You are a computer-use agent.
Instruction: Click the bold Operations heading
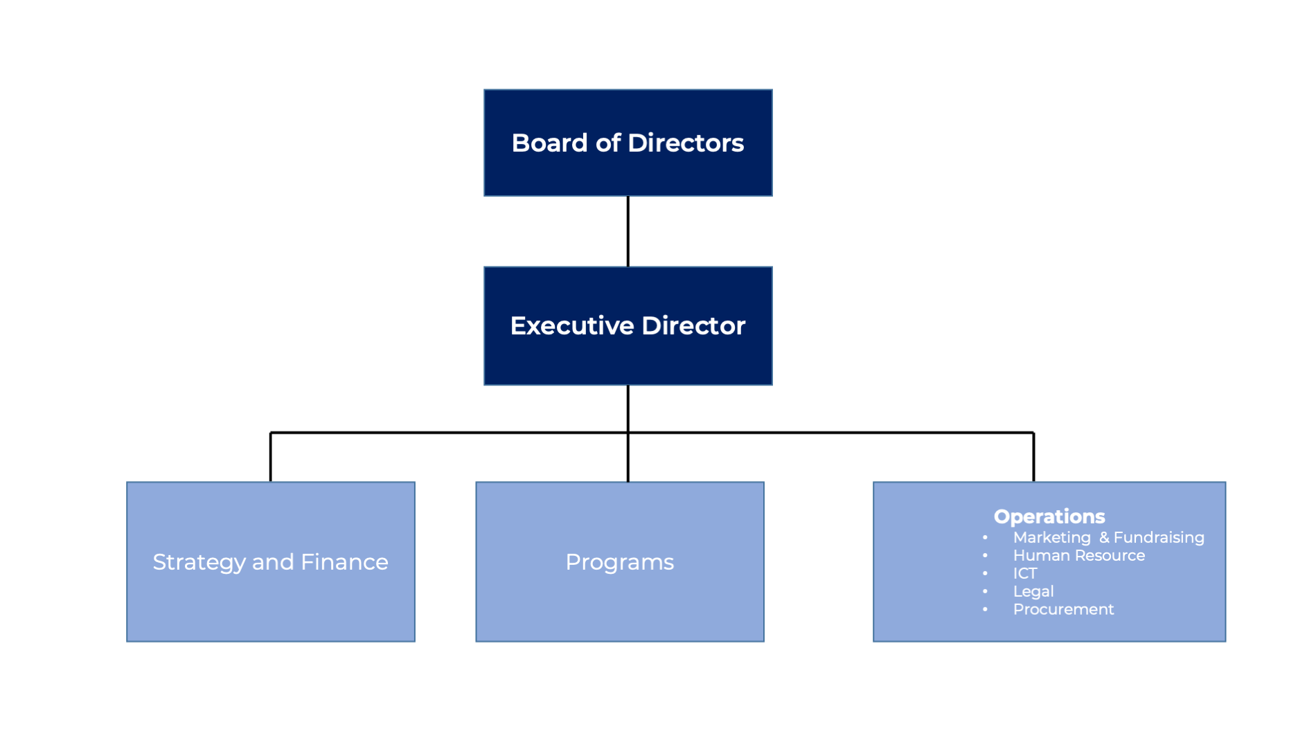[1049, 516]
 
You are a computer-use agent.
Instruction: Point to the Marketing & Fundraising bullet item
[1108, 538]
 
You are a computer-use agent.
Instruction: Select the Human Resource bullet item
[1078, 556]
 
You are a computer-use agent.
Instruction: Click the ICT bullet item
[1025, 574]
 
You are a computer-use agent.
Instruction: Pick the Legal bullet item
[1033, 592]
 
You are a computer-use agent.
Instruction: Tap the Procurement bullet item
[1063, 610]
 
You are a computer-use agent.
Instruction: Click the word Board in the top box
[549, 143]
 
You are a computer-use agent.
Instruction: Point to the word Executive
[571, 326]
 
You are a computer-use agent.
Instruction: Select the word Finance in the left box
[344, 562]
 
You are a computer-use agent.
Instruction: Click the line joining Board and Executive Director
[628, 231]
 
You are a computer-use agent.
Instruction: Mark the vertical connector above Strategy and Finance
[270, 457]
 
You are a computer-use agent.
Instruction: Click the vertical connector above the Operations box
[1033, 457]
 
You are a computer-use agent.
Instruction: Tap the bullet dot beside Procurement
[985, 610]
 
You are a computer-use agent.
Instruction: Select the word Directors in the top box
[686, 143]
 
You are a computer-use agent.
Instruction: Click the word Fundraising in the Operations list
[1159, 538]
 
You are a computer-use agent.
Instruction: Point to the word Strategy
[199, 562]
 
